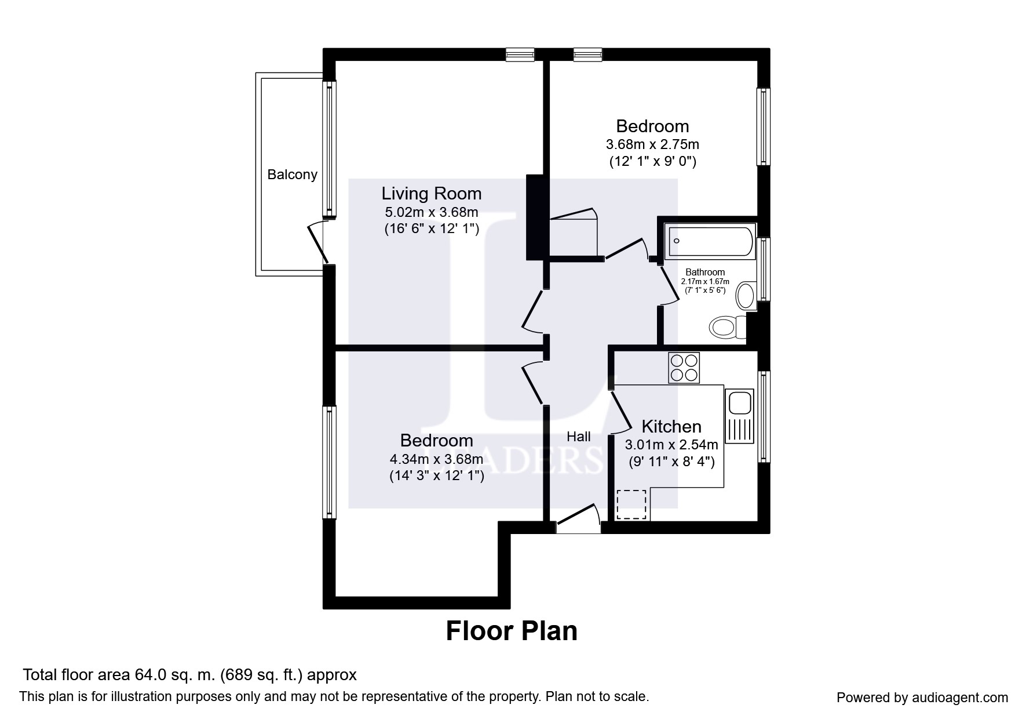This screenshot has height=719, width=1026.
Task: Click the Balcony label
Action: click(x=292, y=175)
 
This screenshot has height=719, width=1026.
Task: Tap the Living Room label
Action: click(x=431, y=193)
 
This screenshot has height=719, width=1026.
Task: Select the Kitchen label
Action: click(x=671, y=427)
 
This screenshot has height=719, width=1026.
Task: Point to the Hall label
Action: click(x=579, y=437)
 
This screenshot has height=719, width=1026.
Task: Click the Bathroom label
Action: click(x=705, y=272)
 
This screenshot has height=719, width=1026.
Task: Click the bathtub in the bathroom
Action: click(x=711, y=241)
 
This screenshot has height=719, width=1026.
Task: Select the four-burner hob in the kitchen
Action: click(x=684, y=368)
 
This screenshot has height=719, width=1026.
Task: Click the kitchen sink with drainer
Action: click(x=739, y=416)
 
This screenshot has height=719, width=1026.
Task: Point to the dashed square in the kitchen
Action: click(x=631, y=504)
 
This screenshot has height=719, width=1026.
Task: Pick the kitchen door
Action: click(x=620, y=413)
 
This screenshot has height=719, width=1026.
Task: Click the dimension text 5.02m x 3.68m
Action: click(x=432, y=212)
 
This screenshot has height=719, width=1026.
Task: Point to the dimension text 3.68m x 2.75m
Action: click(x=652, y=144)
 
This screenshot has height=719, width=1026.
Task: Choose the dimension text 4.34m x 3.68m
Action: click(x=436, y=459)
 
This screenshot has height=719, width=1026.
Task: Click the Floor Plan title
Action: click(x=512, y=631)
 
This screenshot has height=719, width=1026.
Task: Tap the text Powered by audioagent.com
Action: click(x=922, y=698)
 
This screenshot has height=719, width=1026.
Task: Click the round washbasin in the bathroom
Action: click(x=746, y=296)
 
